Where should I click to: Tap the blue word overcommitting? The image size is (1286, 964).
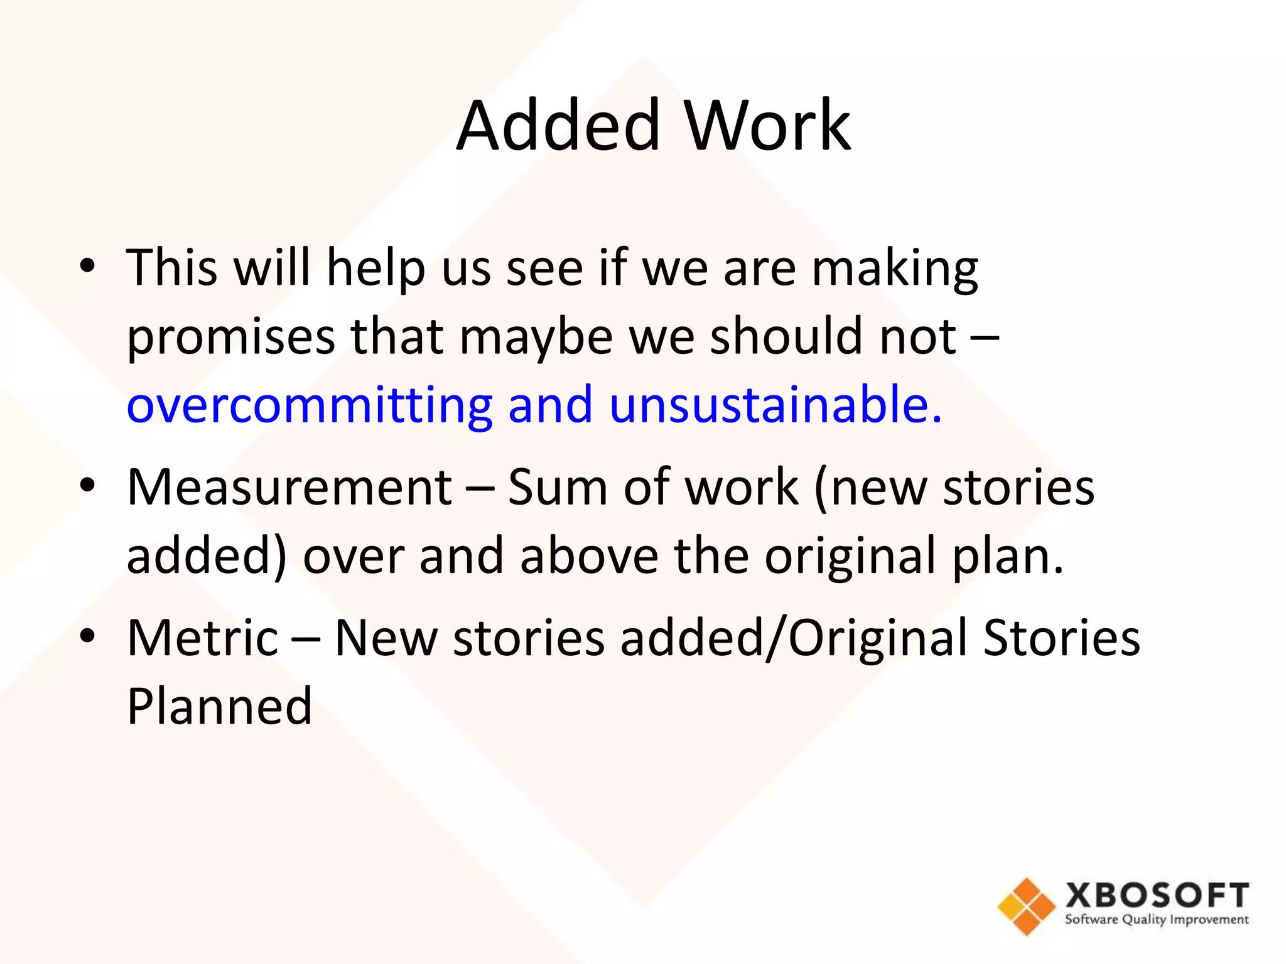pos(310,405)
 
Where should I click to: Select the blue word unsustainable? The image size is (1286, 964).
pos(775,405)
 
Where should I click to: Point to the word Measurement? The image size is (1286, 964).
pos(289,487)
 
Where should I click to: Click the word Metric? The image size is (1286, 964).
pos(202,638)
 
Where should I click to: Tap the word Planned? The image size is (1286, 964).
pos(219,707)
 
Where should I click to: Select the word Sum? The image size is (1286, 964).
pos(557,487)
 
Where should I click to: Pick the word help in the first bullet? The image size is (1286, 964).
pos(376,269)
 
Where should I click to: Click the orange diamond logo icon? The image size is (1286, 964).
pos(1026,906)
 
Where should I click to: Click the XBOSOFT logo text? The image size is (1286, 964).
pos(1157,895)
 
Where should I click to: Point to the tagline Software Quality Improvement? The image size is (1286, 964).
pos(1157,920)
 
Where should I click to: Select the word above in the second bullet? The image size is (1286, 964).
pos(589,556)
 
